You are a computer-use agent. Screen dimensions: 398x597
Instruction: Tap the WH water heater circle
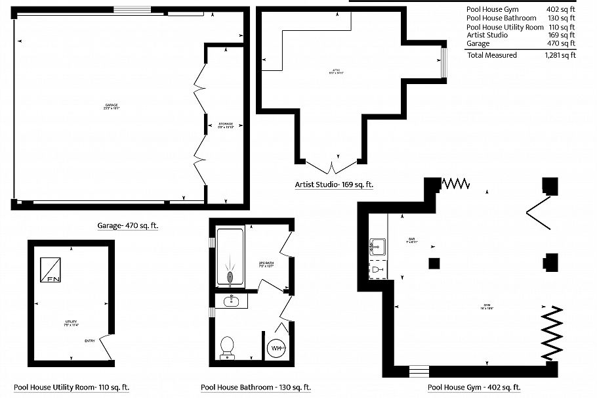click(x=277, y=347)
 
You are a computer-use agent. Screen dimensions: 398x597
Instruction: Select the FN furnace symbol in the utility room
click(x=51, y=269)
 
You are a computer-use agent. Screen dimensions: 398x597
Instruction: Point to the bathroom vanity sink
click(x=231, y=301)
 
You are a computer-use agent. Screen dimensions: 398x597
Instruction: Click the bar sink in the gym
click(x=377, y=247)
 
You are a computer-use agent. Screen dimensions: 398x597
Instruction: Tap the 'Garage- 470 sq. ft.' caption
click(x=128, y=225)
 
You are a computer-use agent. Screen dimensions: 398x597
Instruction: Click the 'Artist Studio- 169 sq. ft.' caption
click(x=334, y=185)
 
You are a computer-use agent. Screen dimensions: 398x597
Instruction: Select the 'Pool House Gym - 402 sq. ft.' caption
click(x=474, y=387)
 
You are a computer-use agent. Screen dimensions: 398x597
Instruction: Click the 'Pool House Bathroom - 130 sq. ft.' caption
click(x=256, y=387)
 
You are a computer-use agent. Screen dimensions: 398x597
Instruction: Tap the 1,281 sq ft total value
click(x=560, y=55)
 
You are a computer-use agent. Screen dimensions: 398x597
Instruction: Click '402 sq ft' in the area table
click(x=560, y=9)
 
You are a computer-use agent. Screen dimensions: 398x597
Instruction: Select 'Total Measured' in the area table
click(x=491, y=55)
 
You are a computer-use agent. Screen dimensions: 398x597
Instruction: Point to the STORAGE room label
click(x=226, y=123)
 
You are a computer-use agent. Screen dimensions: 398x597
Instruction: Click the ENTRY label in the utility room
click(x=90, y=340)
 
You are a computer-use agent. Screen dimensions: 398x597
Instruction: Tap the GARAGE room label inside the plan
click(x=112, y=106)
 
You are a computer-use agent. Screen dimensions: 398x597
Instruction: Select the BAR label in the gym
click(x=412, y=239)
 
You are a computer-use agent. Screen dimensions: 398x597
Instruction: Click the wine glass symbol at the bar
click(x=375, y=269)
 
